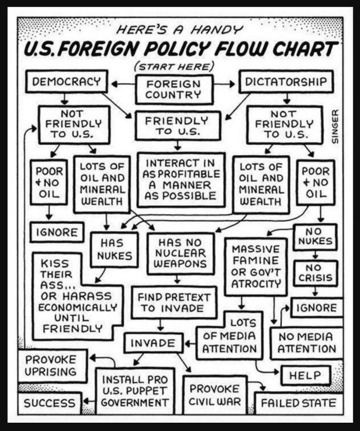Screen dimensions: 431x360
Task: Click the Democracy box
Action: [66, 81]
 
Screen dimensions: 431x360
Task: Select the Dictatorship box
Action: [285, 81]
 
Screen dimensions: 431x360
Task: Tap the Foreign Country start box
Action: [174, 89]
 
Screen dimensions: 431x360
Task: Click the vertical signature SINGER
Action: [335, 127]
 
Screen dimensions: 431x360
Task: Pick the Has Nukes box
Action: [114, 249]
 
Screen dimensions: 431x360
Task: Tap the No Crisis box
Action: [315, 273]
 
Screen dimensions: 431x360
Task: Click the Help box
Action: [305, 375]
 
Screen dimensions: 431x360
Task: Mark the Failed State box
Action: [298, 403]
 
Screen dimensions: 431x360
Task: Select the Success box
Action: [49, 403]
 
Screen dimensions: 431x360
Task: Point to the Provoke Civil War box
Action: [214, 394]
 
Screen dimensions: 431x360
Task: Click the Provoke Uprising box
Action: [51, 365]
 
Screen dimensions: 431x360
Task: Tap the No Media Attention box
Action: [306, 342]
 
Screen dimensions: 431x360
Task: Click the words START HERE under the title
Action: [173, 66]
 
